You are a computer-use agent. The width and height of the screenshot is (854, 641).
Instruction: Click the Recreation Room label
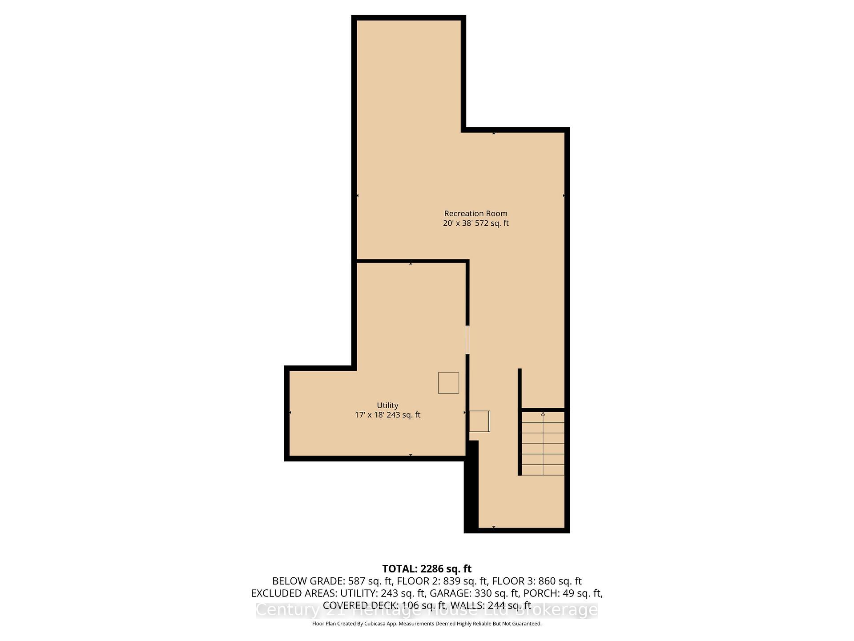tap(475, 214)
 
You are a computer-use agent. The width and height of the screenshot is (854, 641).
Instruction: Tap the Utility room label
tap(387, 405)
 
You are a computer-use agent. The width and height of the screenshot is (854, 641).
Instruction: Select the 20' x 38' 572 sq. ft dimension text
tap(475, 223)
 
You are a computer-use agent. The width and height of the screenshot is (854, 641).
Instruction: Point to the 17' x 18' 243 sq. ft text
tap(387, 415)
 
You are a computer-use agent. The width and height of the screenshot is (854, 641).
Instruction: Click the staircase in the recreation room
tap(543, 443)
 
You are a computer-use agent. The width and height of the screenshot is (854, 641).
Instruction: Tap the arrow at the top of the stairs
tap(543, 414)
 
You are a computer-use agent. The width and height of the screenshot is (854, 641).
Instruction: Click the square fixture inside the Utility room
tap(448, 383)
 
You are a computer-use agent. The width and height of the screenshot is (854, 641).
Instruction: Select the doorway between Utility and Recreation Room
tap(467, 340)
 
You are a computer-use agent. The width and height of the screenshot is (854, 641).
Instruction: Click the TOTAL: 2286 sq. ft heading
tap(427, 569)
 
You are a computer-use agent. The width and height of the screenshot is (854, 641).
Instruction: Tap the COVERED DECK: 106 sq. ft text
tap(384, 605)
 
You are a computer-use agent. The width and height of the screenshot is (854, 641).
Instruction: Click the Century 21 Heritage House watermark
tap(427, 610)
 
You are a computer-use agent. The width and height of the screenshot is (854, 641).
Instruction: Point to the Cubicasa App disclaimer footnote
tap(427, 624)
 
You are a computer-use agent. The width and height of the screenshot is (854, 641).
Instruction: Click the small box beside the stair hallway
tap(479, 421)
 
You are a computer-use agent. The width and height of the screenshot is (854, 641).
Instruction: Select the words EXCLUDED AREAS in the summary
tap(294, 593)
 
